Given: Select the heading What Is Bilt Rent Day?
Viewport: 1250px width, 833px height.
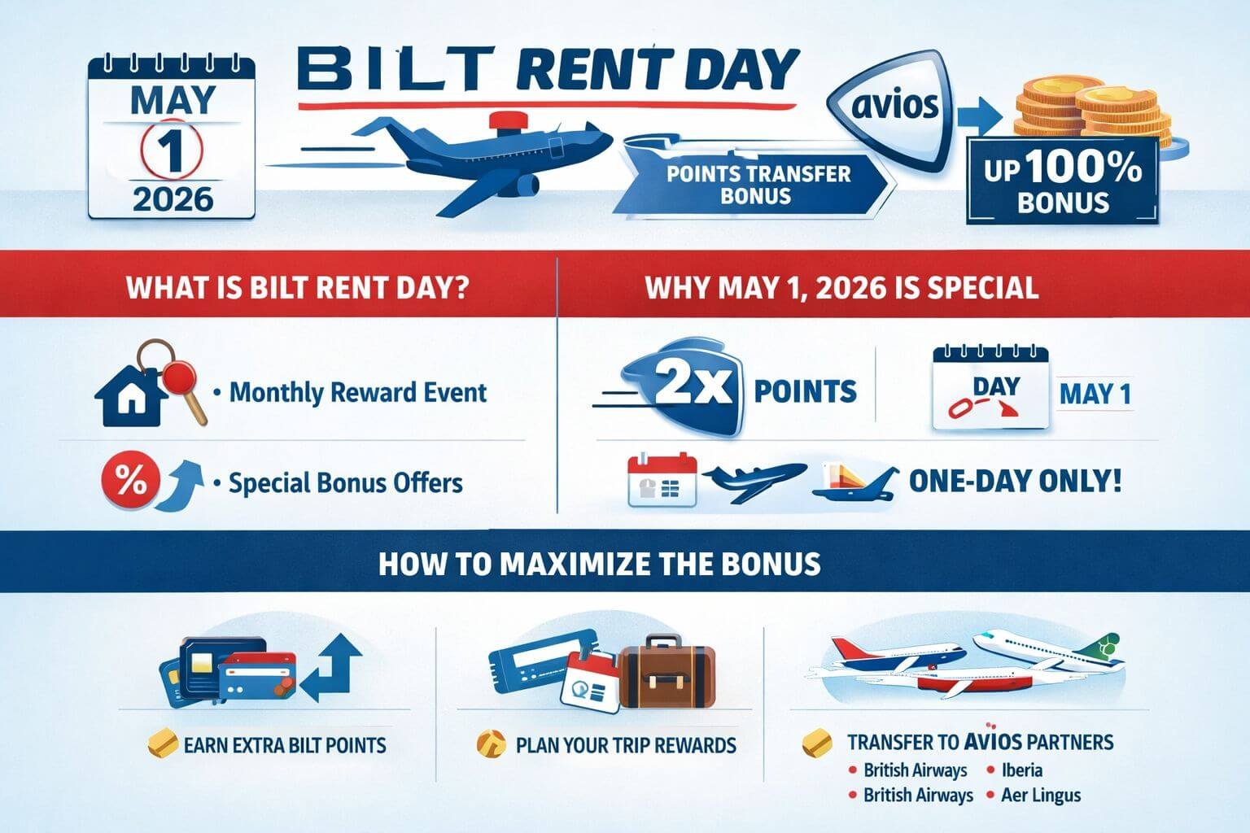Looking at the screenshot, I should [297, 289].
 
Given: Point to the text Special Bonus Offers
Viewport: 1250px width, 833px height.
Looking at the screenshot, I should [345, 483].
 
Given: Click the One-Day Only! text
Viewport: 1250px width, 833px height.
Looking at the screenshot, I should [1014, 481].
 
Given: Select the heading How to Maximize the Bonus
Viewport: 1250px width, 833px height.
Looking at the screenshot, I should [600, 565].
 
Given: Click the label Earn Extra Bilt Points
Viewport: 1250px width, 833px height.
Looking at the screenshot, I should [285, 745].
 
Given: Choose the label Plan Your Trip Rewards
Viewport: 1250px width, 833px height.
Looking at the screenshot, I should [625, 745].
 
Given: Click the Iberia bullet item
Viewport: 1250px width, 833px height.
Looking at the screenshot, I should [1021, 770].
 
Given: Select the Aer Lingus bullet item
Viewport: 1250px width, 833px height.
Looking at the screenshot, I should [1040, 795].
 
